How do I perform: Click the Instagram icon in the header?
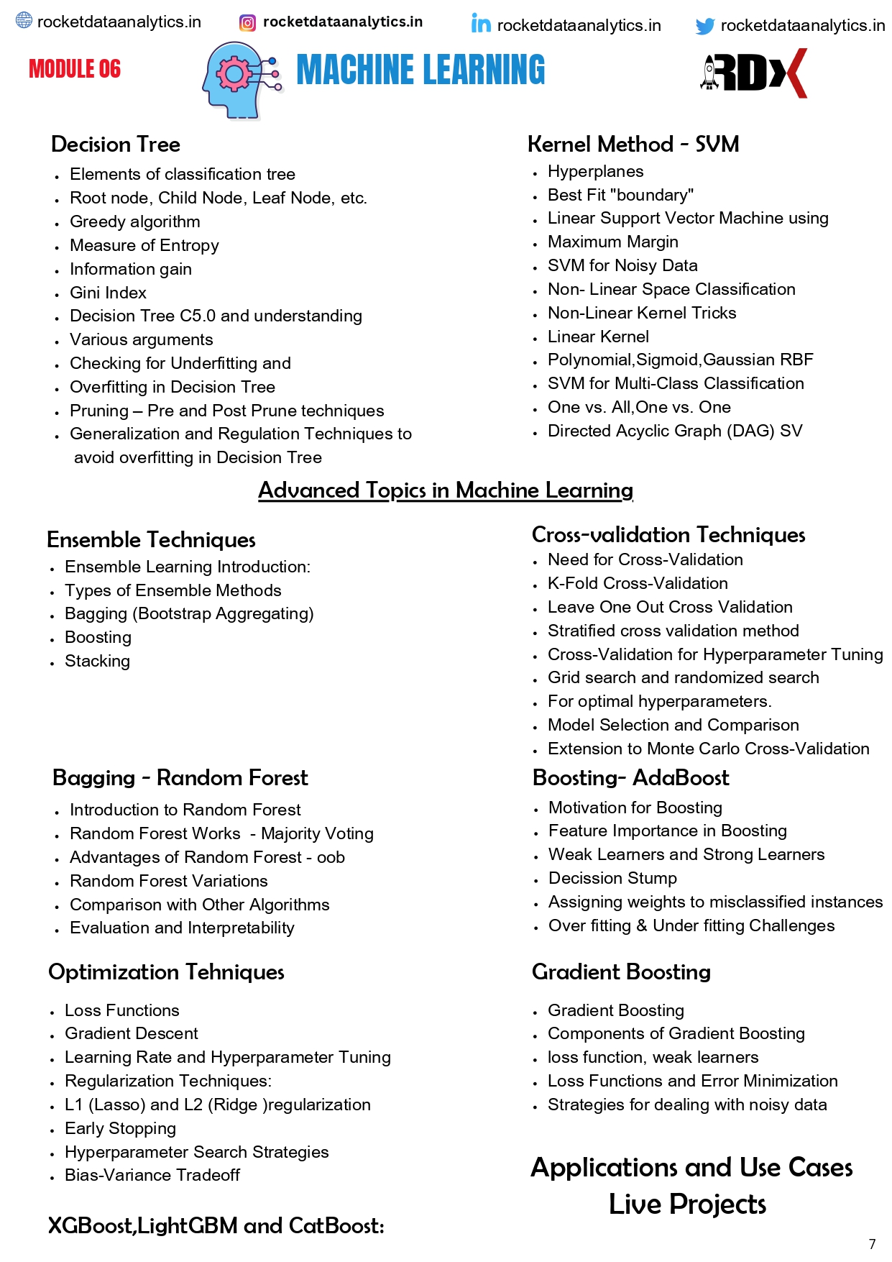click(247, 23)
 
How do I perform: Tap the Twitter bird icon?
click(705, 27)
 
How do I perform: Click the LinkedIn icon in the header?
click(481, 24)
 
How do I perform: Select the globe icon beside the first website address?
click(24, 20)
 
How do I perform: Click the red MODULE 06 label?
click(75, 69)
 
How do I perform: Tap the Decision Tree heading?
click(116, 145)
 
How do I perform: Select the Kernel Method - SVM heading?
click(633, 145)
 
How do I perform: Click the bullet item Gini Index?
click(108, 293)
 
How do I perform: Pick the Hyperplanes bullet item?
click(595, 171)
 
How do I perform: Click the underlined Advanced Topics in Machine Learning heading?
click(446, 490)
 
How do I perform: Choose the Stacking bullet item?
click(97, 661)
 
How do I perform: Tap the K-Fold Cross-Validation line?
click(638, 583)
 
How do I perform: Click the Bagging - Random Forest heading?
click(180, 778)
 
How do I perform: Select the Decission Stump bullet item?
click(612, 878)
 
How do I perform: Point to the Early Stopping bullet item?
click(120, 1128)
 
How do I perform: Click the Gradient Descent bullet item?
click(132, 1033)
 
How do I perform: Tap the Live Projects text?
click(687, 1204)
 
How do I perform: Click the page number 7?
click(872, 1244)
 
